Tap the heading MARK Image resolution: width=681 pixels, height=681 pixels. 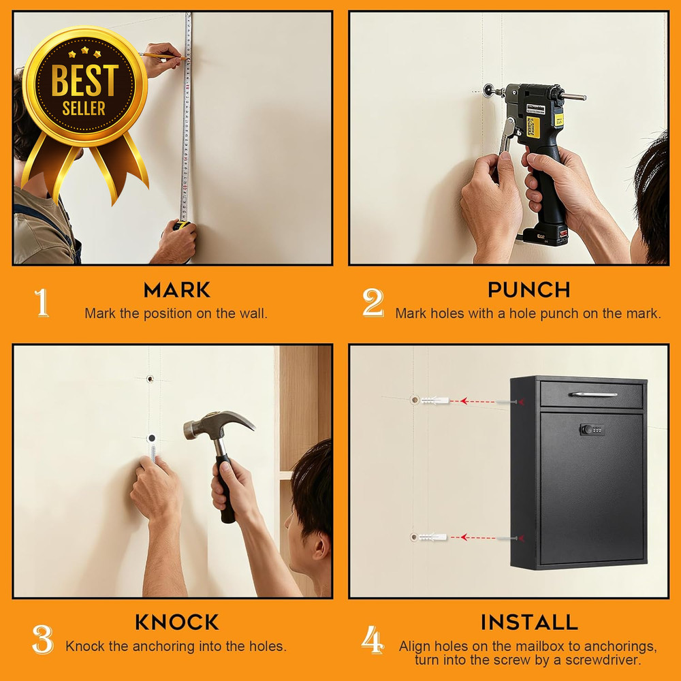(177, 290)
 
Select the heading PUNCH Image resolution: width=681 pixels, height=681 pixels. (529, 290)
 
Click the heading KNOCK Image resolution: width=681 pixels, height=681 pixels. (177, 622)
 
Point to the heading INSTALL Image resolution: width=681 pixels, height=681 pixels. (529, 622)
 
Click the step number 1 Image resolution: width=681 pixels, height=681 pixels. (42, 303)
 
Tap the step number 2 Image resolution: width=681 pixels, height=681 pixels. (373, 303)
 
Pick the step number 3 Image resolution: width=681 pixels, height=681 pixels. (42, 639)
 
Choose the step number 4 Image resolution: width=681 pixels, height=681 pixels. (373, 640)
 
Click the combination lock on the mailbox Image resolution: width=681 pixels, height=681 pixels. (592, 430)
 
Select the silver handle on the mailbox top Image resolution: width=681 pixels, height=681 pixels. (593, 394)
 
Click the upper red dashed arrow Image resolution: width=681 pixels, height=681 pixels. (479, 401)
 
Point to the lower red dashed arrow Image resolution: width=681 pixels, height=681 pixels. (479, 537)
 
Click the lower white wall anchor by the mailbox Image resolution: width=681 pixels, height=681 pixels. (434, 537)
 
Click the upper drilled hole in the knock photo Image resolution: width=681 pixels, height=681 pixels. (151, 379)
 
